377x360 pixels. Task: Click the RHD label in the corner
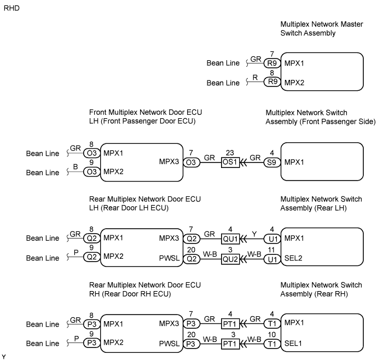coord(11,9)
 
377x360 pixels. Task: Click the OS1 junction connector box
coord(231,162)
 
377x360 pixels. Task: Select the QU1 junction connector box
coord(231,238)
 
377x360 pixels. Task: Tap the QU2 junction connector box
coord(231,258)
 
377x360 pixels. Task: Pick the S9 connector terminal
coord(270,162)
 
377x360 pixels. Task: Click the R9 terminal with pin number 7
coord(271,63)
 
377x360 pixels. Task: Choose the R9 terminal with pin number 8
coord(271,83)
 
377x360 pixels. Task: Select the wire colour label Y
coord(253,233)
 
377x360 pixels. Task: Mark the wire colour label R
coord(254,78)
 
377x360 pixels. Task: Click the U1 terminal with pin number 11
coord(270,258)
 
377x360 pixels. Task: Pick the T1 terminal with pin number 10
coord(270,344)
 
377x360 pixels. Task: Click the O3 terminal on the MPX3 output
coord(191,162)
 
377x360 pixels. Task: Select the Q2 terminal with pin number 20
coord(191,258)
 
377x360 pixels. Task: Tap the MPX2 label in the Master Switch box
coord(294,83)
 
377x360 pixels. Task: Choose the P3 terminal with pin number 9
coord(92,344)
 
